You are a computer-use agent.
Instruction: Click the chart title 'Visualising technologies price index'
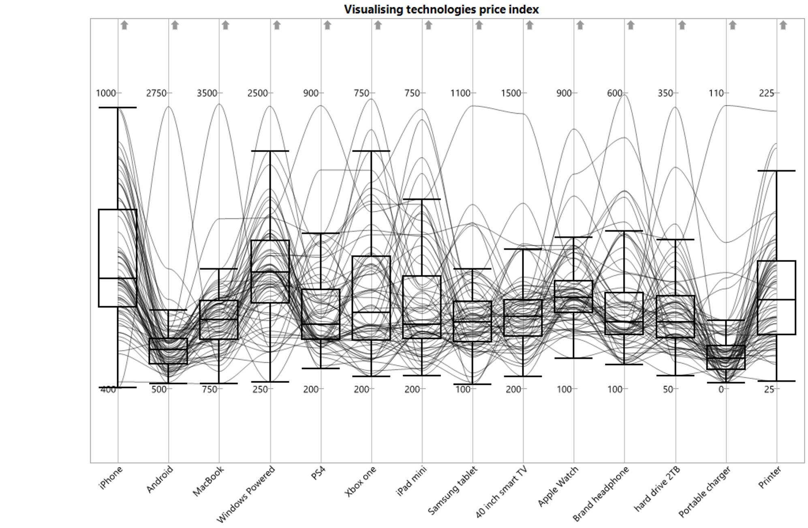441,9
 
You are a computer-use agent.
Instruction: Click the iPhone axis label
111,478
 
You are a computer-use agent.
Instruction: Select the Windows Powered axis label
246,494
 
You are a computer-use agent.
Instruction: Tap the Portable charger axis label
705,492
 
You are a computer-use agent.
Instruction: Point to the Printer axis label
770,477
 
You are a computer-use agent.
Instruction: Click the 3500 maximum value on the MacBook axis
207,93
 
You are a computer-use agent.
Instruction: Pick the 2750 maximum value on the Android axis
156,93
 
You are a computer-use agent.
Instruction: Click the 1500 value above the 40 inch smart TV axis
511,93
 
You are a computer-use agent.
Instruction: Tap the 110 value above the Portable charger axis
716,93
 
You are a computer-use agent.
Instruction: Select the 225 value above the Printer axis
766,93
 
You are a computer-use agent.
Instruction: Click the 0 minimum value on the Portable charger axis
721,389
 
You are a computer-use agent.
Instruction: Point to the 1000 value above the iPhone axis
106,93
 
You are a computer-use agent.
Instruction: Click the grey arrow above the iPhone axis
124,25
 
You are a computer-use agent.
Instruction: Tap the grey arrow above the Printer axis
783,25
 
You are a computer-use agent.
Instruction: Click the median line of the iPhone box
118,278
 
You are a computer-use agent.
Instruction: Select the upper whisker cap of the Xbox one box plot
371,151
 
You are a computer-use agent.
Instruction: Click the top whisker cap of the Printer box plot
776,171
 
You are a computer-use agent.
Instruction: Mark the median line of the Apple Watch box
573,297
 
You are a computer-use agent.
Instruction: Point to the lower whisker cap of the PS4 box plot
321,368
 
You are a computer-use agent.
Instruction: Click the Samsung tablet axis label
453,490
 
